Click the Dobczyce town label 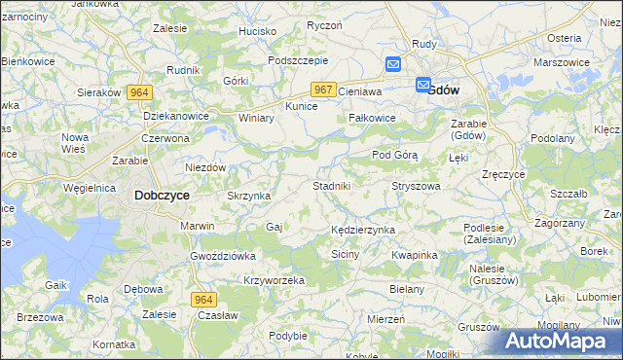(x=162, y=195)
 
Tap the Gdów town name (x=444, y=90)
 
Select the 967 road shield (x=325, y=90)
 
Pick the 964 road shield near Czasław (x=202, y=299)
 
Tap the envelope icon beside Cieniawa (x=393, y=65)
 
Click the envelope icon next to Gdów (x=423, y=85)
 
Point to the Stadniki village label (x=338, y=185)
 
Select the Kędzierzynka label (x=362, y=230)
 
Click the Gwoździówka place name (x=223, y=256)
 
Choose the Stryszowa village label (x=416, y=185)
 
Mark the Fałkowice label (x=372, y=118)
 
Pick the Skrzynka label (x=248, y=196)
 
